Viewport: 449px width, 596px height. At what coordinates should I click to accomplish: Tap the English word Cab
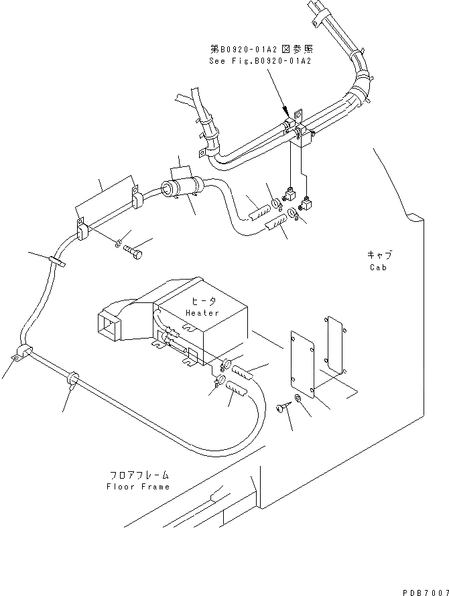click(x=379, y=267)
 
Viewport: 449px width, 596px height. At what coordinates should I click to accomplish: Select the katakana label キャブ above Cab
click(x=379, y=255)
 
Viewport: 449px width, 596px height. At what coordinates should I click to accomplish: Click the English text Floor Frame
click(x=138, y=486)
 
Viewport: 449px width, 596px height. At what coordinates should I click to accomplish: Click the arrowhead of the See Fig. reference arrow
click(x=290, y=115)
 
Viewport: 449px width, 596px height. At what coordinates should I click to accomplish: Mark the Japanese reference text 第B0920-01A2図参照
click(x=262, y=49)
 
